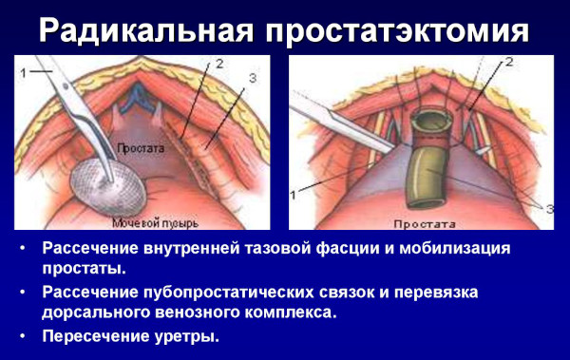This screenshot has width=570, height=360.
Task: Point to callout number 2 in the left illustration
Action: (219, 63)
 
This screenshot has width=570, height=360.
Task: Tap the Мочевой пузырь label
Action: (155, 223)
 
